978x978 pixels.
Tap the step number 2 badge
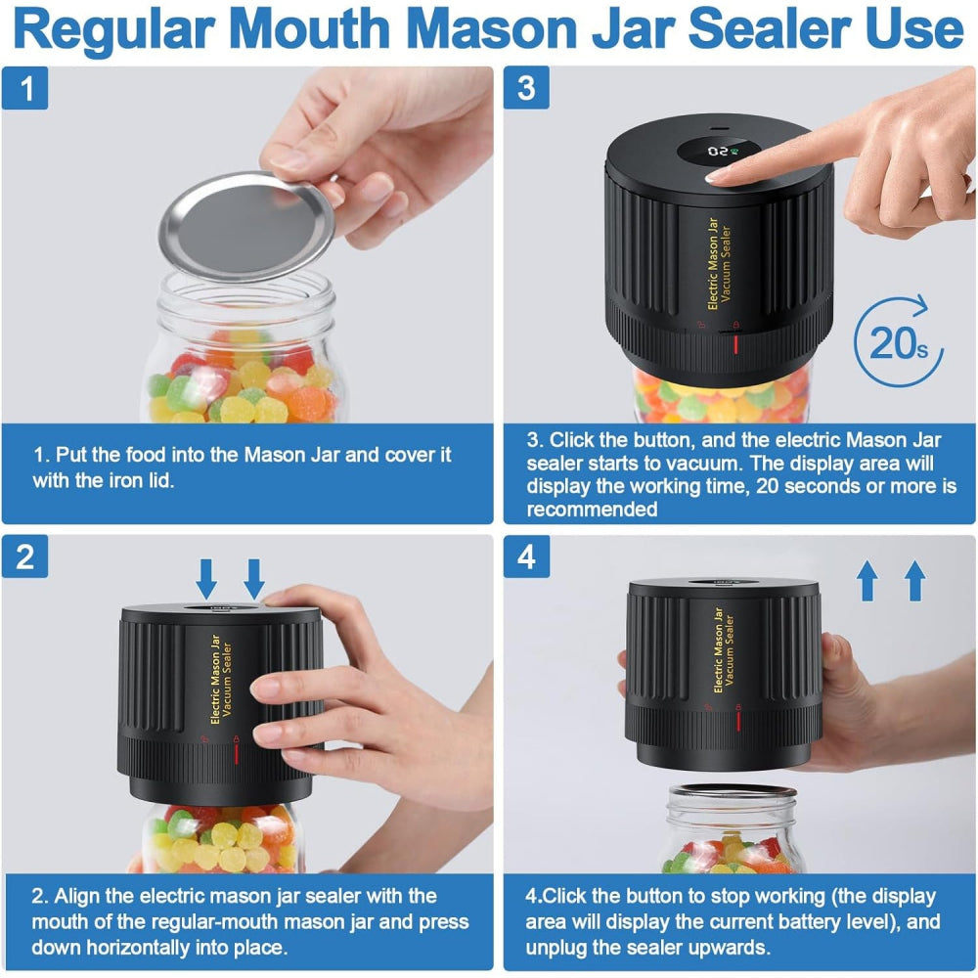coord(26,556)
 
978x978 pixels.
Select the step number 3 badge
coord(526,88)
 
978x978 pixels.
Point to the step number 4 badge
coord(526,556)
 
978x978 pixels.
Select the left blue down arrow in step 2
coord(206,578)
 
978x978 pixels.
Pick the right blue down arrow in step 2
coord(254,578)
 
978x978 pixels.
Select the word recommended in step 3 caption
coord(591,510)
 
